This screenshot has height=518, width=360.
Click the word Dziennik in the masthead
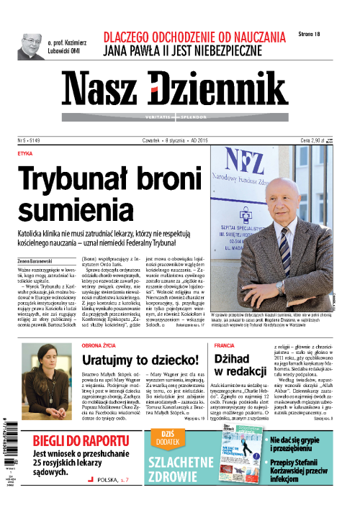click(x=220, y=88)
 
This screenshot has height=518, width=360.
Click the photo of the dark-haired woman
click(x=47, y=379)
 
